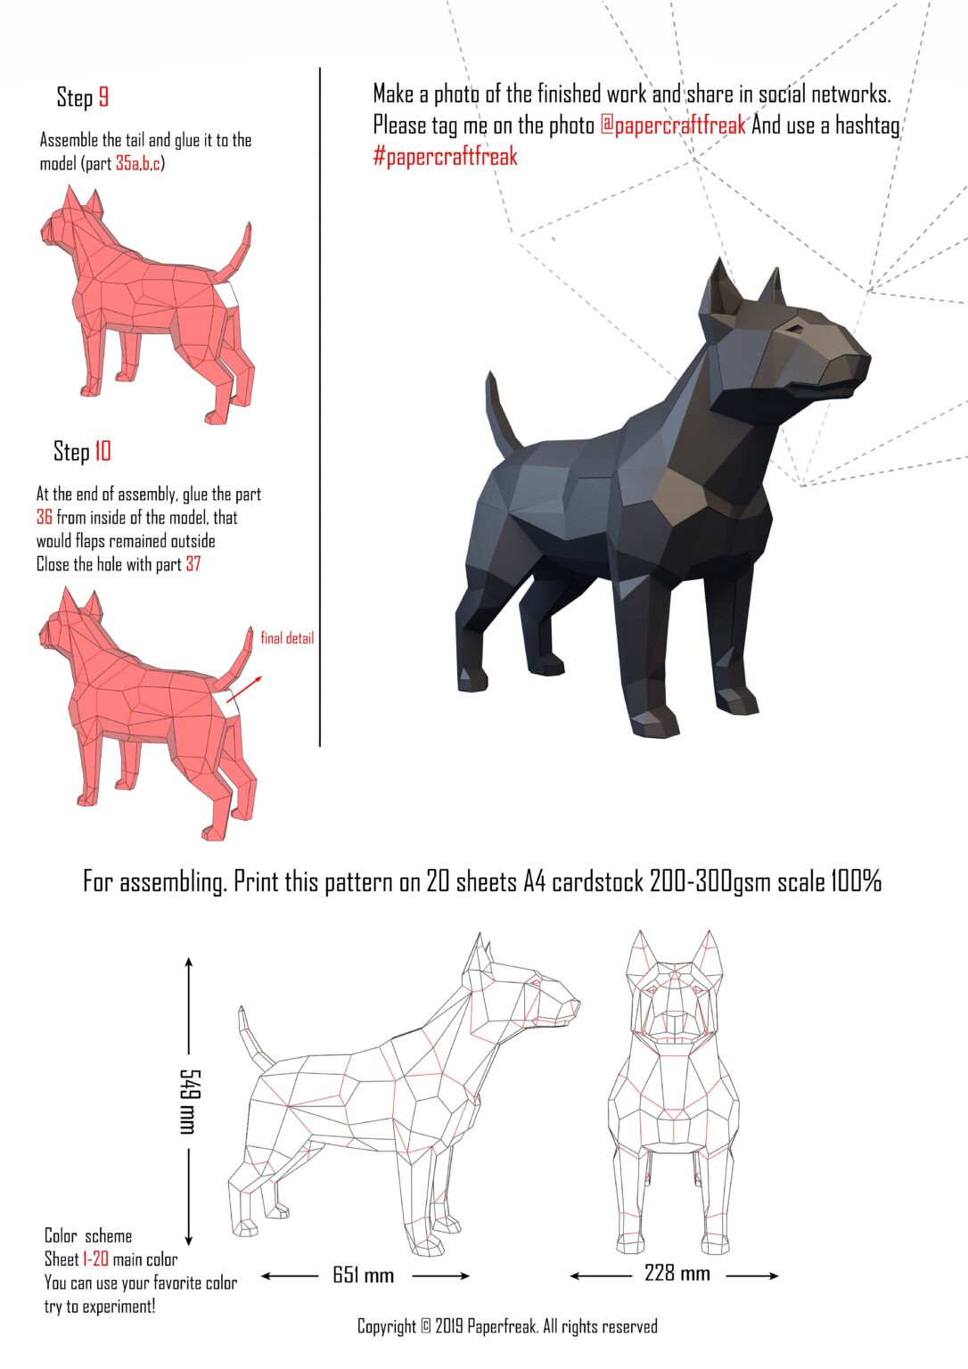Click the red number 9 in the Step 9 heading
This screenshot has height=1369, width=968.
pos(103,97)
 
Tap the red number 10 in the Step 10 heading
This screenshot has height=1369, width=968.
pos(103,451)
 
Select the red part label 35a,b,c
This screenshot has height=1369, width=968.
pos(138,164)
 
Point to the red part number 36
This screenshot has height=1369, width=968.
pos(45,518)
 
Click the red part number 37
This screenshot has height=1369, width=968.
pos(193,565)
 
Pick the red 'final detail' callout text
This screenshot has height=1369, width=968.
pos(287,638)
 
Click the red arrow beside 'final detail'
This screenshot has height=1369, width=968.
pos(250,689)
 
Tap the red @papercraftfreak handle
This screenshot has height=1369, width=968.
pos(673,126)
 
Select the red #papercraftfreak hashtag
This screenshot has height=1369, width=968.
pos(445,157)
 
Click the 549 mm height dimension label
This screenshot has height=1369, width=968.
pos(188,1102)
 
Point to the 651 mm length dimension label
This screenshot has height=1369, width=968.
pos(364,1275)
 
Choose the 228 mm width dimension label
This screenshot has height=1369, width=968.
pos(677,1274)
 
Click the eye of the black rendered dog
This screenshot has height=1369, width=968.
pos(792,330)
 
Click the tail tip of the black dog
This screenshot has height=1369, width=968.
pos(490,376)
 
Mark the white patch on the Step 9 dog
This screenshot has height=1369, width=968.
pos(227,294)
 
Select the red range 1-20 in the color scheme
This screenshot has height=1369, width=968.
pos(95,1259)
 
